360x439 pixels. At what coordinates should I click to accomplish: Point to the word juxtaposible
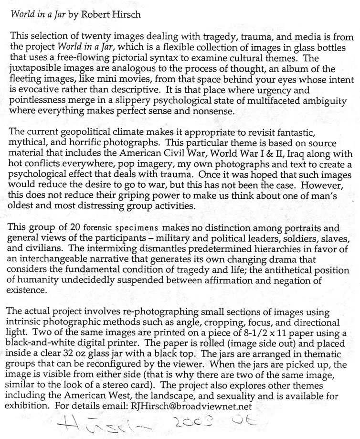tap(38, 69)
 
